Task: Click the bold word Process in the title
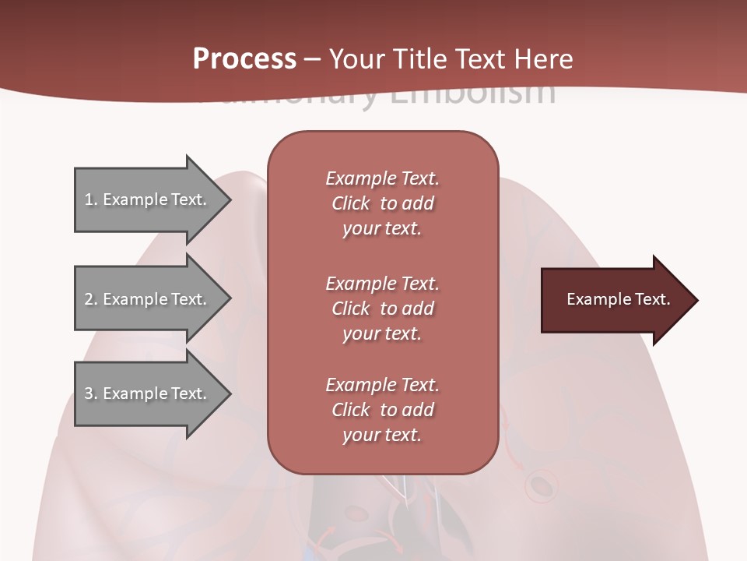pos(244,59)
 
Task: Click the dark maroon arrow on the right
pos(615,300)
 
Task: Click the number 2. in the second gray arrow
pos(91,299)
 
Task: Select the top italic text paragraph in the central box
pos(382,203)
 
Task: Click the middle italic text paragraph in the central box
pos(382,309)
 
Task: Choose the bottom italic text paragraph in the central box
pos(382,410)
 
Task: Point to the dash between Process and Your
pos(312,60)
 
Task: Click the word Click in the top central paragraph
pos(351,203)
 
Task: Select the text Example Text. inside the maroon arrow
pos(618,299)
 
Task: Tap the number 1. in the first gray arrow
pos(90,199)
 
